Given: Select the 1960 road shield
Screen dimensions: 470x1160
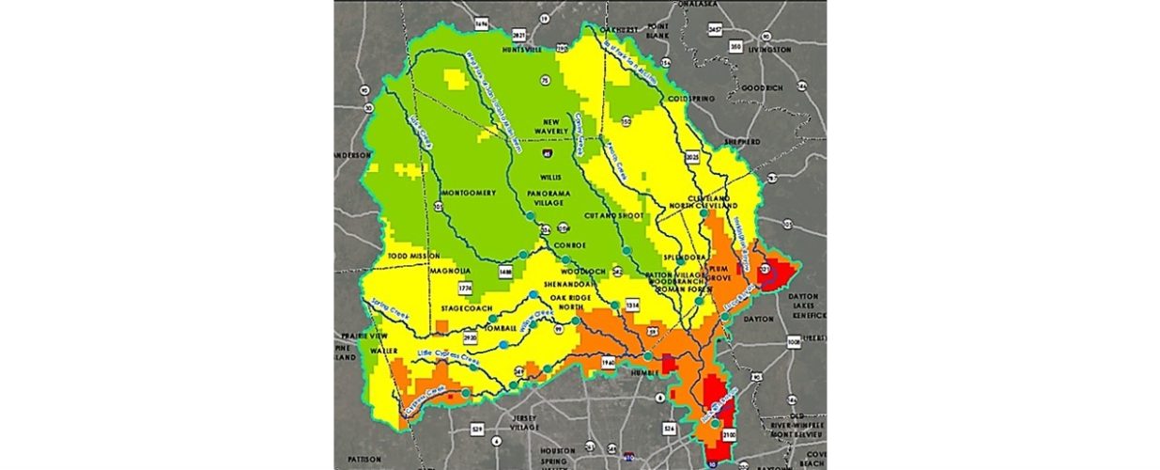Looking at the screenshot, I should coord(607,362).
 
